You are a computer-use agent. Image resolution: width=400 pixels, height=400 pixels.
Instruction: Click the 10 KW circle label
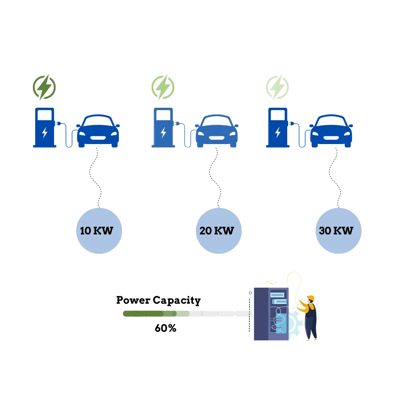(99, 231)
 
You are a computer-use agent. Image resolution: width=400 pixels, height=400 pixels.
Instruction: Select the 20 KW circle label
(219, 231)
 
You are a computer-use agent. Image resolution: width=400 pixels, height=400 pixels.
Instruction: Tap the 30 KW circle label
(338, 231)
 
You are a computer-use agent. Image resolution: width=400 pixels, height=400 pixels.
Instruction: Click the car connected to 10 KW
(98, 131)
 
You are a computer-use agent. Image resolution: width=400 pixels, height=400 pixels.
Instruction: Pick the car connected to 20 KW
(217, 131)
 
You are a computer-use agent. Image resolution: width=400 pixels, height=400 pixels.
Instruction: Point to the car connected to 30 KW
(331, 131)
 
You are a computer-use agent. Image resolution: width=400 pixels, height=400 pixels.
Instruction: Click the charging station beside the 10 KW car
(44, 128)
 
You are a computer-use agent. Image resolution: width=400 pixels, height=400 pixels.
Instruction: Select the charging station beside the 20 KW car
(163, 128)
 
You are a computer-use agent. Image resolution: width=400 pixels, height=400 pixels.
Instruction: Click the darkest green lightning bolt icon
(44, 87)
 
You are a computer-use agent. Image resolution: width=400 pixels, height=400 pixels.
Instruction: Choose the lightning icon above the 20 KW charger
(163, 87)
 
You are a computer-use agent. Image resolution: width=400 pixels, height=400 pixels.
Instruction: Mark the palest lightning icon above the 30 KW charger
(277, 87)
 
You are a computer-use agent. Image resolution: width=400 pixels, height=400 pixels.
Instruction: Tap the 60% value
(166, 328)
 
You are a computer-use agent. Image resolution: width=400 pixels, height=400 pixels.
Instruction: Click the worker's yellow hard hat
(311, 298)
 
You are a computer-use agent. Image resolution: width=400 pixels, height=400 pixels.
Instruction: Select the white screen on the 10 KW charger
(44, 115)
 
